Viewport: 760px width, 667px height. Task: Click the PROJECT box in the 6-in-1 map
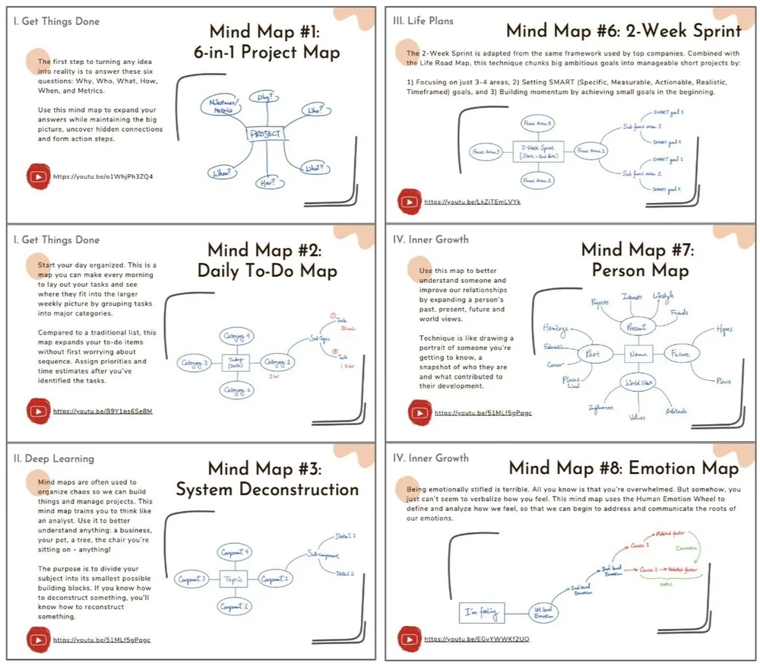264,135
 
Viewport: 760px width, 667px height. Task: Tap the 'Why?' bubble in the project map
264,98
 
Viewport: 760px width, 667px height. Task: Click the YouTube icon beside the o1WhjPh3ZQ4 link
37,176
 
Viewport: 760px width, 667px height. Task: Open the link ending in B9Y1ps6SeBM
103,411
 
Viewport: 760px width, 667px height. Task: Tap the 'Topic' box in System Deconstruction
233,578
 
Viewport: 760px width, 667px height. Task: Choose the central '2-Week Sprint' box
537,151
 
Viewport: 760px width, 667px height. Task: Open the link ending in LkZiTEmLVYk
472,202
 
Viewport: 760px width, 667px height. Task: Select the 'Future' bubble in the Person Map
679,354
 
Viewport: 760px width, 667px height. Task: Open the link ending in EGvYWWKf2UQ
477,639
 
